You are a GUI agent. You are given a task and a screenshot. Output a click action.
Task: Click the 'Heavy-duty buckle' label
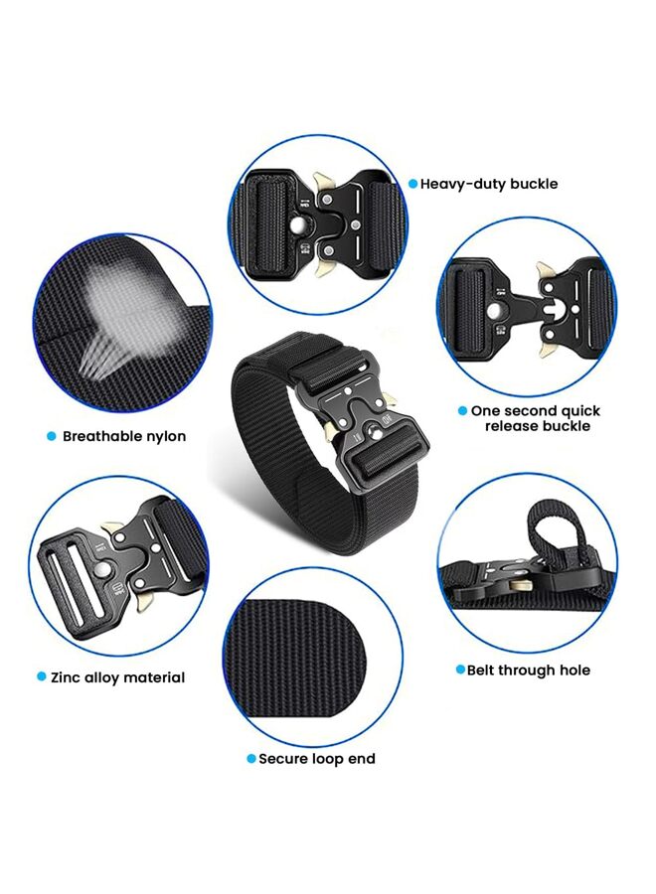point(489,184)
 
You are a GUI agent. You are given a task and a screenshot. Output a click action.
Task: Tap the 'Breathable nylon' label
point(124,436)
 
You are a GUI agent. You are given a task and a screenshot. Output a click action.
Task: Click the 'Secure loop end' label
point(317,759)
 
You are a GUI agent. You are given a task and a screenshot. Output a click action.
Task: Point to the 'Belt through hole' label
point(529,670)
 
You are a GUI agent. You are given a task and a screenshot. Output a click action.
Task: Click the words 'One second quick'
point(536,410)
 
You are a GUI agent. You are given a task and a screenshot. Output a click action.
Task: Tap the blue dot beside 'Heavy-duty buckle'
point(412,184)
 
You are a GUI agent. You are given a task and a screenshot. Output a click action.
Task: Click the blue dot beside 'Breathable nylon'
point(51,436)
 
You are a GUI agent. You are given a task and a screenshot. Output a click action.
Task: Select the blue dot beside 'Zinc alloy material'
point(41,677)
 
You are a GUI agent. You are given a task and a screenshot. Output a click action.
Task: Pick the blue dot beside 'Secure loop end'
point(251,759)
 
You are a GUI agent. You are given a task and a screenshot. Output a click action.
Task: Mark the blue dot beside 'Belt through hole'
point(460,670)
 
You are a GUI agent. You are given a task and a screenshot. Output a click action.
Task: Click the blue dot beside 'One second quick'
point(462,410)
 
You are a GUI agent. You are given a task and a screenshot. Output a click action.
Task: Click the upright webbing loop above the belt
point(551,525)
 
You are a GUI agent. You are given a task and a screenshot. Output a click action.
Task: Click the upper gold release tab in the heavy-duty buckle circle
point(323,181)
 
